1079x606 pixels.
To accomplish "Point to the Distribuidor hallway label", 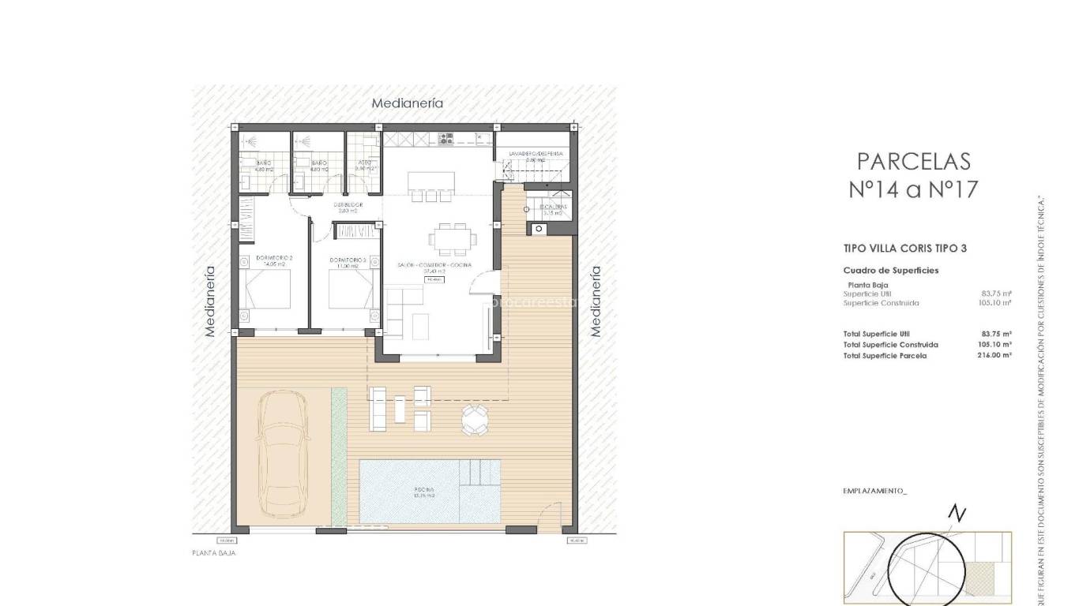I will coord(348,208).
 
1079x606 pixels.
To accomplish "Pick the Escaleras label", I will coord(552,209).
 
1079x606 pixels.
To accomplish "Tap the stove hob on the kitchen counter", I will coord(446,139).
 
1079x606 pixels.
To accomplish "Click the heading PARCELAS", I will coord(913,161).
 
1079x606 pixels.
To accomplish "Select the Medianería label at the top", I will coord(407,103).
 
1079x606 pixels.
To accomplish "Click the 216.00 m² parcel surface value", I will coord(994,356).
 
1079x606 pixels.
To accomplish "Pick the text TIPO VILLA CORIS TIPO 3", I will coord(905,249).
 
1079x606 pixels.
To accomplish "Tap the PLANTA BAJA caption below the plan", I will coord(214,554).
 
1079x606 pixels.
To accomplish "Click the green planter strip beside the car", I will coord(339,455).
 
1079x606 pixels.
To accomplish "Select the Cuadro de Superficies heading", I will coord(891,271).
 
